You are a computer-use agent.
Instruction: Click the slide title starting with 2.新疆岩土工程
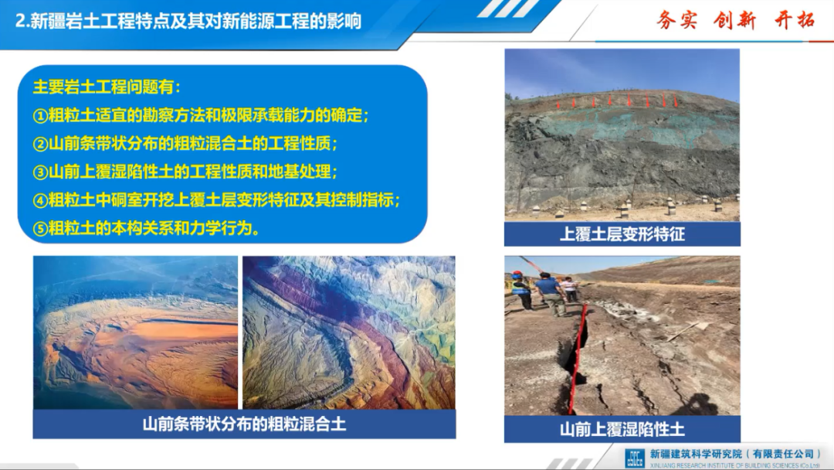click(188, 22)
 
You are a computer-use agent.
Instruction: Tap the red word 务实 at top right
click(676, 21)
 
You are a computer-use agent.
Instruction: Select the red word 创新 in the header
click(734, 21)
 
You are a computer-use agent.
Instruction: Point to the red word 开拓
click(794, 20)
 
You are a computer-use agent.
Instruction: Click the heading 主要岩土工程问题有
click(107, 87)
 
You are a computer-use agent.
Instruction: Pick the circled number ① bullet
click(40, 115)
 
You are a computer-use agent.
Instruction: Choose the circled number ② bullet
click(40, 144)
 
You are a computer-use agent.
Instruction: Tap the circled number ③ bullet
click(40, 172)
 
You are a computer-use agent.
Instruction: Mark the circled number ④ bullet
click(40, 201)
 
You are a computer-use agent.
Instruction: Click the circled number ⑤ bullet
click(40, 229)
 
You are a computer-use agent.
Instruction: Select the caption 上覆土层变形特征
click(622, 234)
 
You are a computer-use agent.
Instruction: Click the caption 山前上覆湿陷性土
click(622, 429)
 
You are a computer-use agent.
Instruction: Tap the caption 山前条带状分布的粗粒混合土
click(244, 424)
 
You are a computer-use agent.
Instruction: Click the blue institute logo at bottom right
click(635, 458)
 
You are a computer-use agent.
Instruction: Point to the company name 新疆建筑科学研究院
click(696, 454)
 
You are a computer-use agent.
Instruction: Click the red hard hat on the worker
click(517, 275)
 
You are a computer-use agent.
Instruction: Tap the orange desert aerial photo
click(136, 332)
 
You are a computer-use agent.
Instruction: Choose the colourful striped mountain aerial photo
click(349, 332)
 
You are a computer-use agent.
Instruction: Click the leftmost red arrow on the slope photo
click(558, 104)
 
